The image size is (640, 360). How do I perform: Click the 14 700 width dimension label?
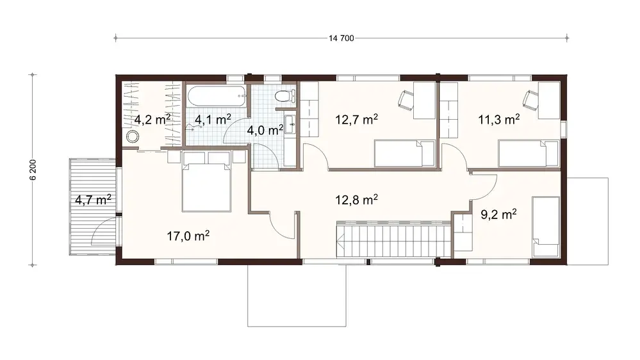[x=341, y=38]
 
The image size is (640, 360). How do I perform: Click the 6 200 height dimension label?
[x=33, y=170]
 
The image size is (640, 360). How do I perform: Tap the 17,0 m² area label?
[x=189, y=236]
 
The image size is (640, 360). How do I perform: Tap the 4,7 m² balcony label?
[x=93, y=199]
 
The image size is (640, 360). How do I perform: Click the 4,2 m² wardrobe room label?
[x=152, y=119]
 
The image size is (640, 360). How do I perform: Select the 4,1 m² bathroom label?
[x=213, y=119]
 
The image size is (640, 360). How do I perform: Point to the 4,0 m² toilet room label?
[x=265, y=129]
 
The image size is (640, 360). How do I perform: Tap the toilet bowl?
[x=283, y=97]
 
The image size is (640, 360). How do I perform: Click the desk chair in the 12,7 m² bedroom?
[x=406, y=100]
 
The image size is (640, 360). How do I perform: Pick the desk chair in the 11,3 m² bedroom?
[x=530, y=100]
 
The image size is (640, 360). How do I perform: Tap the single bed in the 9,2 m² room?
[x=546, y=227]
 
